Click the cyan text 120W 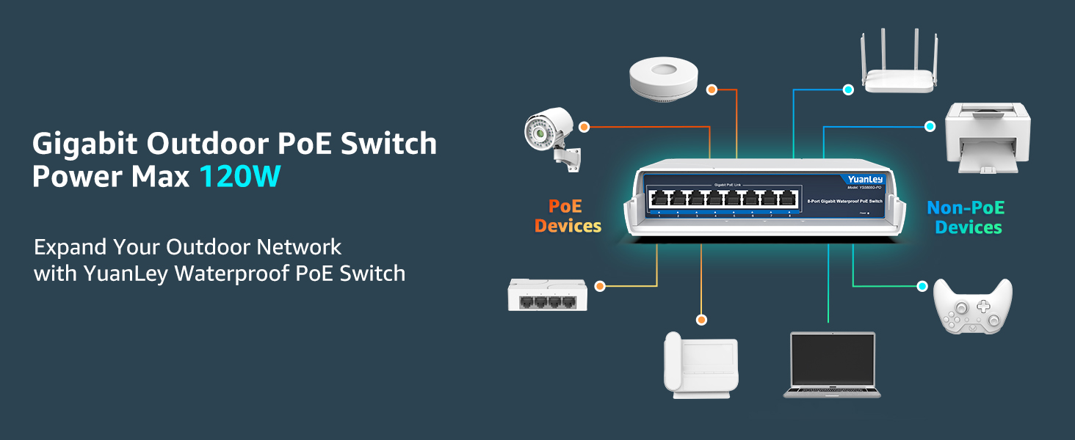tap(240, 177)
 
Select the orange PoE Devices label tap(568, 216)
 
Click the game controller tap(972, 307)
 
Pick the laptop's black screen tap(833, 361)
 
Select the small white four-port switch tap(548, 294)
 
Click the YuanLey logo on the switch tap(865, 180)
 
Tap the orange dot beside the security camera tap(584, 127)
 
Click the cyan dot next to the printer tap(930, 126)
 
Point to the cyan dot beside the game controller tap(923, 286)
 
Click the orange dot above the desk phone tap(701, 320)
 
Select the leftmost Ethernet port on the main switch tap(659, 198)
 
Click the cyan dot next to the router tap(848, 89)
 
